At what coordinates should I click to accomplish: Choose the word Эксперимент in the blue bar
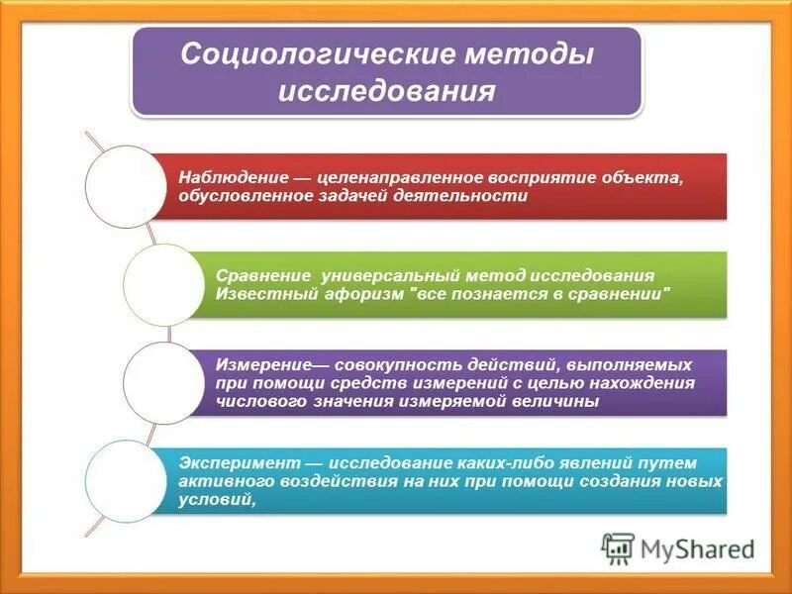237,462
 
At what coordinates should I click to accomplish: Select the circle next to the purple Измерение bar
161,382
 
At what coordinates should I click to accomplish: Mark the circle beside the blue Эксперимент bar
126,480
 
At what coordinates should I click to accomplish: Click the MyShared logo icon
619,548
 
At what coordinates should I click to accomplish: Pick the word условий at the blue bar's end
216,499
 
